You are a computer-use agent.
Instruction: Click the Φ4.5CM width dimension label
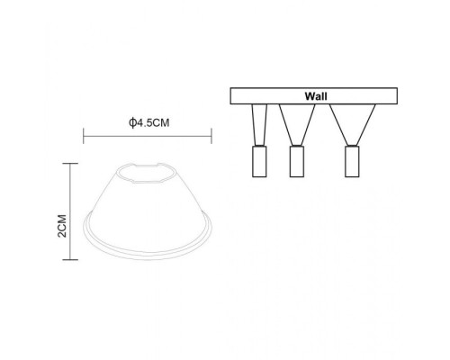point(149,123)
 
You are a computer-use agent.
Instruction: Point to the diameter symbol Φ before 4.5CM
point(132,123)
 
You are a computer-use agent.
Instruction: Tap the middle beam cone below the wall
point(294,121)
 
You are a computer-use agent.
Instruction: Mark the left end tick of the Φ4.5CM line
point(84,137)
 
